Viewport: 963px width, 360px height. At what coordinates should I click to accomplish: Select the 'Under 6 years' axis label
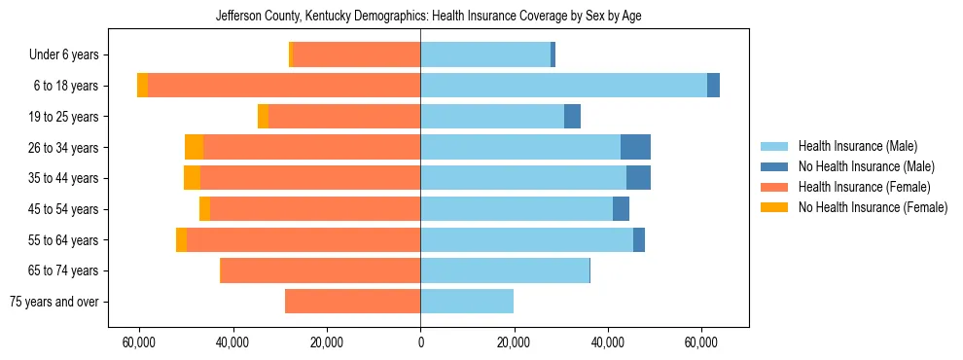(70, 55)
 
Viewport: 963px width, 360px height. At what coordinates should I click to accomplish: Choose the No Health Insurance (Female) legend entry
(873, 207)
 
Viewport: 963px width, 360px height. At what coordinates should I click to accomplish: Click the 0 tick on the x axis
(420, 342)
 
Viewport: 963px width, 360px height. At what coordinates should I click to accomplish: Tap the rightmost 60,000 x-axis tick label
(700, 342)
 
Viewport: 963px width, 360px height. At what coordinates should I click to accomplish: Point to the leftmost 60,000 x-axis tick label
(140, 342)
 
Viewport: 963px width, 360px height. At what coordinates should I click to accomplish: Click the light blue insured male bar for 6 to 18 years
(563, 86)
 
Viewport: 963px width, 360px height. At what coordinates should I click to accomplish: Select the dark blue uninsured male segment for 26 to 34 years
(635, 147)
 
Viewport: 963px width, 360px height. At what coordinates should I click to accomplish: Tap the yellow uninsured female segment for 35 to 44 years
(192, 178)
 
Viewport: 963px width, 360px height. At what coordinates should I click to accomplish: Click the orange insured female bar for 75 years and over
(352, 302)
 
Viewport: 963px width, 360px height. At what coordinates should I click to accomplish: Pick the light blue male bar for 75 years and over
(467, 302)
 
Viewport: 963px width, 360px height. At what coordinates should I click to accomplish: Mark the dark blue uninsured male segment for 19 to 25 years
(572, 117)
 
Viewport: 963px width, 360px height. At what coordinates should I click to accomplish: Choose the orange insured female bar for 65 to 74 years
(321, 270)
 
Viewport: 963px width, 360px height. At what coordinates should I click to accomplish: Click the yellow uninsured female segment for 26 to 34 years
(194, 147)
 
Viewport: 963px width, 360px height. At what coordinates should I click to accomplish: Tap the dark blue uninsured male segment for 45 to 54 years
(621, 209)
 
